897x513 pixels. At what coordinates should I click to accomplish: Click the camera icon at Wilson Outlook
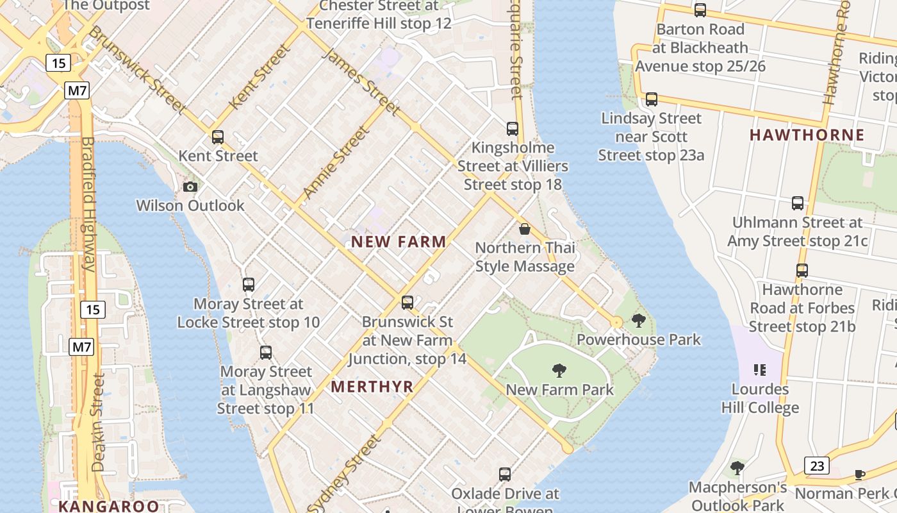point(190,187)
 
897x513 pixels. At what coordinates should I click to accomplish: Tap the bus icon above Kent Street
point(218,137)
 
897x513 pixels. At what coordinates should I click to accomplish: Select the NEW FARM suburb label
point(399,242)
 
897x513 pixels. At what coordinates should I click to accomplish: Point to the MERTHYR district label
point(372,387)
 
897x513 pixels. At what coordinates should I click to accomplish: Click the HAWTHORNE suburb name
point(807,135)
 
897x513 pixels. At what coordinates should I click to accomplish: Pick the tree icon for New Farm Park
point(559,370)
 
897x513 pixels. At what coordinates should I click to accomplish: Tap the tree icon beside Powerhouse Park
point(638,320)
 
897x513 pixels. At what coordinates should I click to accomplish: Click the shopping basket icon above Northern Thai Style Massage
point(525,229)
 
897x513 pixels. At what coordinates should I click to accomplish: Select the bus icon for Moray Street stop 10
point(249,284)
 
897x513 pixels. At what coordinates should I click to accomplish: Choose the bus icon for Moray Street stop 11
point(266,352)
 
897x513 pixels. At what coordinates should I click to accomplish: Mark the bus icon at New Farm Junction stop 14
point(407,302)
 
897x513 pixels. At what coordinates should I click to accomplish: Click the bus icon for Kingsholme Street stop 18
point(513,128)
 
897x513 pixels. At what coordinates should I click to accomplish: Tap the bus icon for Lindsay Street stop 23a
point(652,99)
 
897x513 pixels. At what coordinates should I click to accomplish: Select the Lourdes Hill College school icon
point(760,369)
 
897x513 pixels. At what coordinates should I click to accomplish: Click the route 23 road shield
point(817,466)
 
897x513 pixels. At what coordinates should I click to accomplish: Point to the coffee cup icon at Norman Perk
point(859,475)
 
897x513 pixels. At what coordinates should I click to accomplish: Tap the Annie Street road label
point(336,162)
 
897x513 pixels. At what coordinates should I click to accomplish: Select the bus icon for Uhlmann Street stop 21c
point(798,203)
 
